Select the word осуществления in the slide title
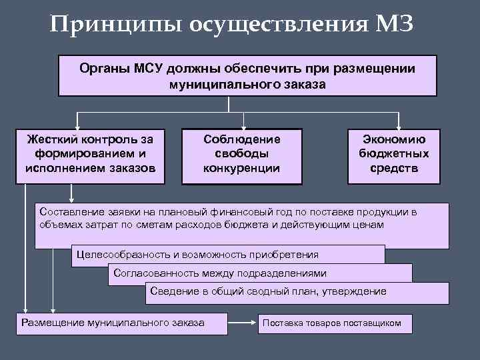(275, 25)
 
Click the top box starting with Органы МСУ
(247, 76)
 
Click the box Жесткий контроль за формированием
(89, 154)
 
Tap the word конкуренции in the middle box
(241, 168)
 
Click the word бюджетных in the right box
(393, 154)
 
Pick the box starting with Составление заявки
(240, 223)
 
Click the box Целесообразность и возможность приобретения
(227, 255)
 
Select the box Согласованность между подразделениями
(260, 273)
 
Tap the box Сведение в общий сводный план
(297, 292)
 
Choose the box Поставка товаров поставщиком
(336, 323)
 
